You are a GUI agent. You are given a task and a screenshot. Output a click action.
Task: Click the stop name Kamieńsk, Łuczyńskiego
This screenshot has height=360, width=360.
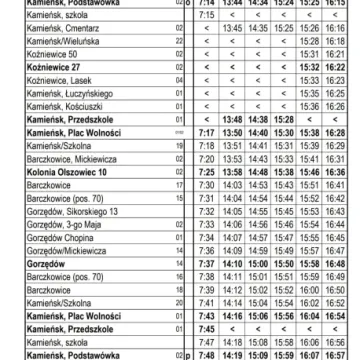pos(39,116)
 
